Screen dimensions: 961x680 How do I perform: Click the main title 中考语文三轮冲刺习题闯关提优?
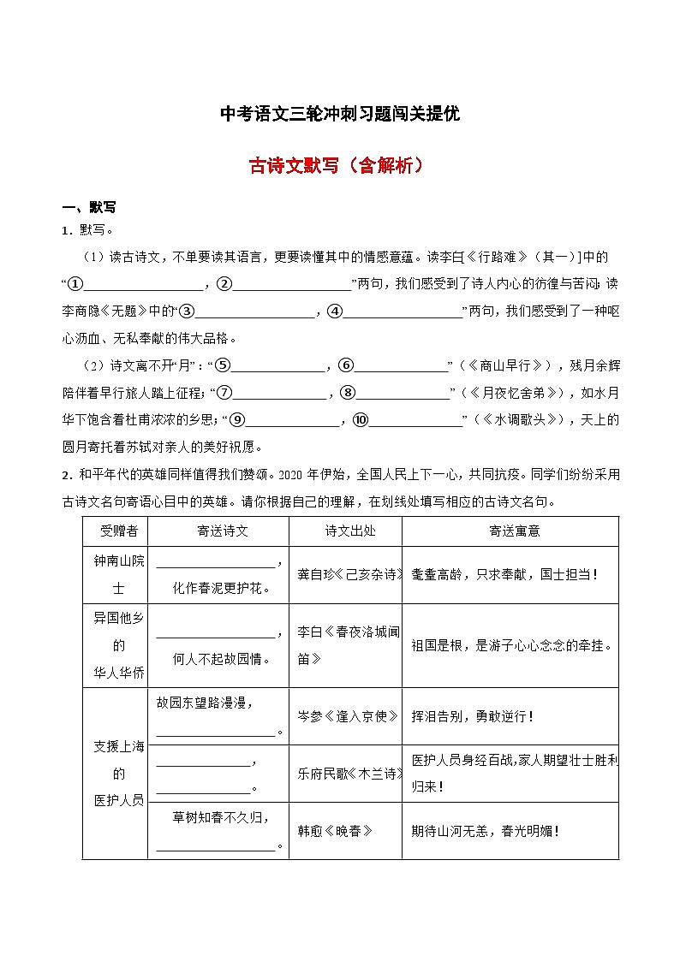tap(340, 114)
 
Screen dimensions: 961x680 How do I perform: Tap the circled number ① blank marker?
tap(75, 284)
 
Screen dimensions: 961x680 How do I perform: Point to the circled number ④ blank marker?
tap(335, 311)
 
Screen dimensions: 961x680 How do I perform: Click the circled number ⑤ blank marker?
tap(223, 365)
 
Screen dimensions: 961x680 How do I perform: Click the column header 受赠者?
tap(115, 531)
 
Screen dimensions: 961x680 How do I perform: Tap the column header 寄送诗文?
tap(218, 531)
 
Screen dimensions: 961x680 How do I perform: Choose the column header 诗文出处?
tap(344, 531)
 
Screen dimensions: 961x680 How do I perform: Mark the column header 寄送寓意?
tap(510, 531)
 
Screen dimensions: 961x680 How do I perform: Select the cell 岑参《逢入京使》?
tap(344, 716)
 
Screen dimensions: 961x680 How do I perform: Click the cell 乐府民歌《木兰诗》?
tap(344, 774)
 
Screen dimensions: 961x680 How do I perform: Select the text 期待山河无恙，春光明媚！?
tap(485, 830)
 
